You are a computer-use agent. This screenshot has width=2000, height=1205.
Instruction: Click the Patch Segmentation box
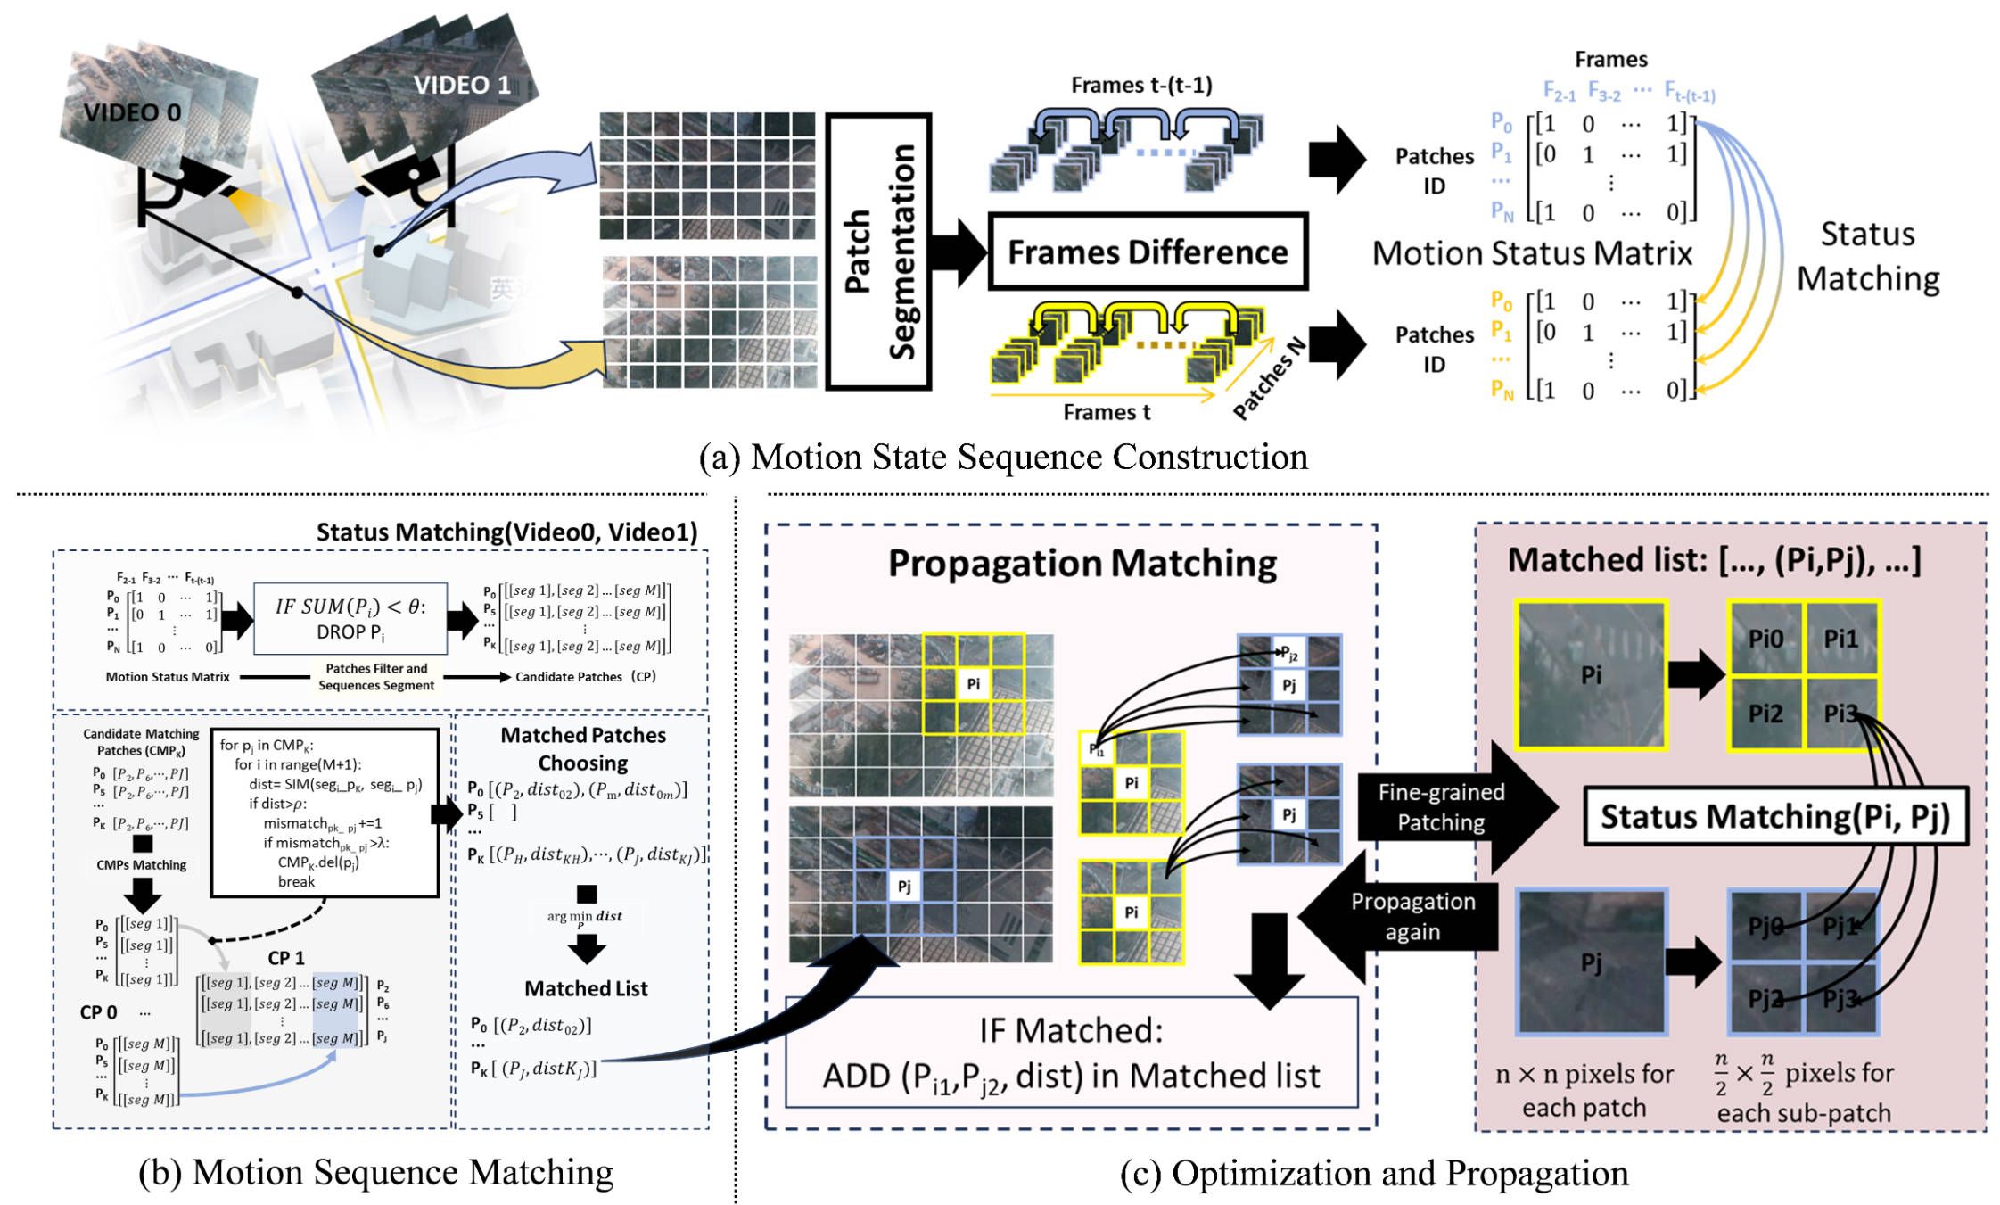click(879, 252)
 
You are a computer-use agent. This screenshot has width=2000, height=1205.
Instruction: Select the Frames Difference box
click(1148, 252)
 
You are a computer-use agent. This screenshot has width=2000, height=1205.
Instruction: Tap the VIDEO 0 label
click(132, 112)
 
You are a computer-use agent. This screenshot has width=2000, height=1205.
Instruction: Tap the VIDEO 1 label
click(462, 85)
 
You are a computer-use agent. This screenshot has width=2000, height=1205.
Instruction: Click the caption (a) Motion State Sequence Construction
click(1003, 457)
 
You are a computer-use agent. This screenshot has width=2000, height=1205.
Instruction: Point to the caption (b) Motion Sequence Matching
click(375, 1172)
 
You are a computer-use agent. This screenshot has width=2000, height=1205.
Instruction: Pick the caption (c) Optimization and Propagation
click(1373, 1173)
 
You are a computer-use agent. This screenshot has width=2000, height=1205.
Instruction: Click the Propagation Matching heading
click(1082, 564)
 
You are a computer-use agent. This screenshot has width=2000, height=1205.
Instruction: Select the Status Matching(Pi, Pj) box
click(1774, 816)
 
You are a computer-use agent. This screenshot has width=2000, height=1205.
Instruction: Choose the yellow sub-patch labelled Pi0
click(1765, 639)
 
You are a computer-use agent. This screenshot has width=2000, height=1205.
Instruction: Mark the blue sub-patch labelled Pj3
click(1840, 998)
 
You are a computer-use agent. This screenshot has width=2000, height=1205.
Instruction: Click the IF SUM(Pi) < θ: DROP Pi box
click(350, 619)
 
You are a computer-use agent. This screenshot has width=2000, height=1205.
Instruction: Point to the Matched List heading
click(586, 988)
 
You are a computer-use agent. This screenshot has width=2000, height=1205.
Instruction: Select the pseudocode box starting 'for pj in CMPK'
click(325, 813)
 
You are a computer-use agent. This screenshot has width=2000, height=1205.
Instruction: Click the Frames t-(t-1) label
click(1141, 85)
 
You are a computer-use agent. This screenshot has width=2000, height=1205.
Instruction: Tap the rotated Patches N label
click(1270, 378)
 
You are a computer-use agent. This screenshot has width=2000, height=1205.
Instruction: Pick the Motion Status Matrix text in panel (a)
click(1532, 253)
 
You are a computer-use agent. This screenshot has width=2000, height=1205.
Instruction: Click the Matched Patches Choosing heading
click(583, 748)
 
